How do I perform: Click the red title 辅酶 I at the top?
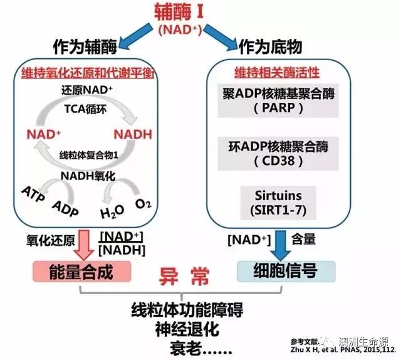tap(200, 11)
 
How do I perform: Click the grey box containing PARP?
tap(279, 100)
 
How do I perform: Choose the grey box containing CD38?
tap(279, 154)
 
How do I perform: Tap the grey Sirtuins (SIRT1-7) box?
tap(279, 201)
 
